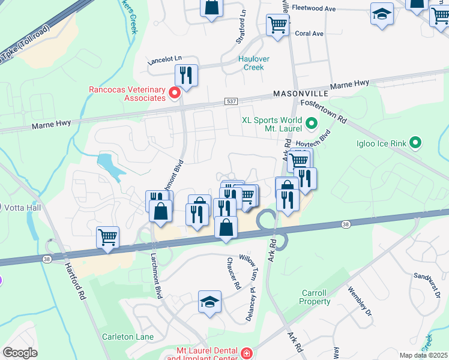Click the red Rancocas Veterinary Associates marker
coord(175,92)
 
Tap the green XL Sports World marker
coord(311,124)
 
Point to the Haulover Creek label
coord(259,63)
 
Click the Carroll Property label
coord(314,298)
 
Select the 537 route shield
coord(232,102)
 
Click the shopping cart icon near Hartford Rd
coord(108,236)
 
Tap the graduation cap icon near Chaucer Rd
coord(210,301)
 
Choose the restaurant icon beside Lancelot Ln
coord(186,75)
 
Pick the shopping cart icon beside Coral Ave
coord(278,25)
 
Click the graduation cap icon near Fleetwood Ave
coord(382,14)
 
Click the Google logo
coord(20,352)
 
